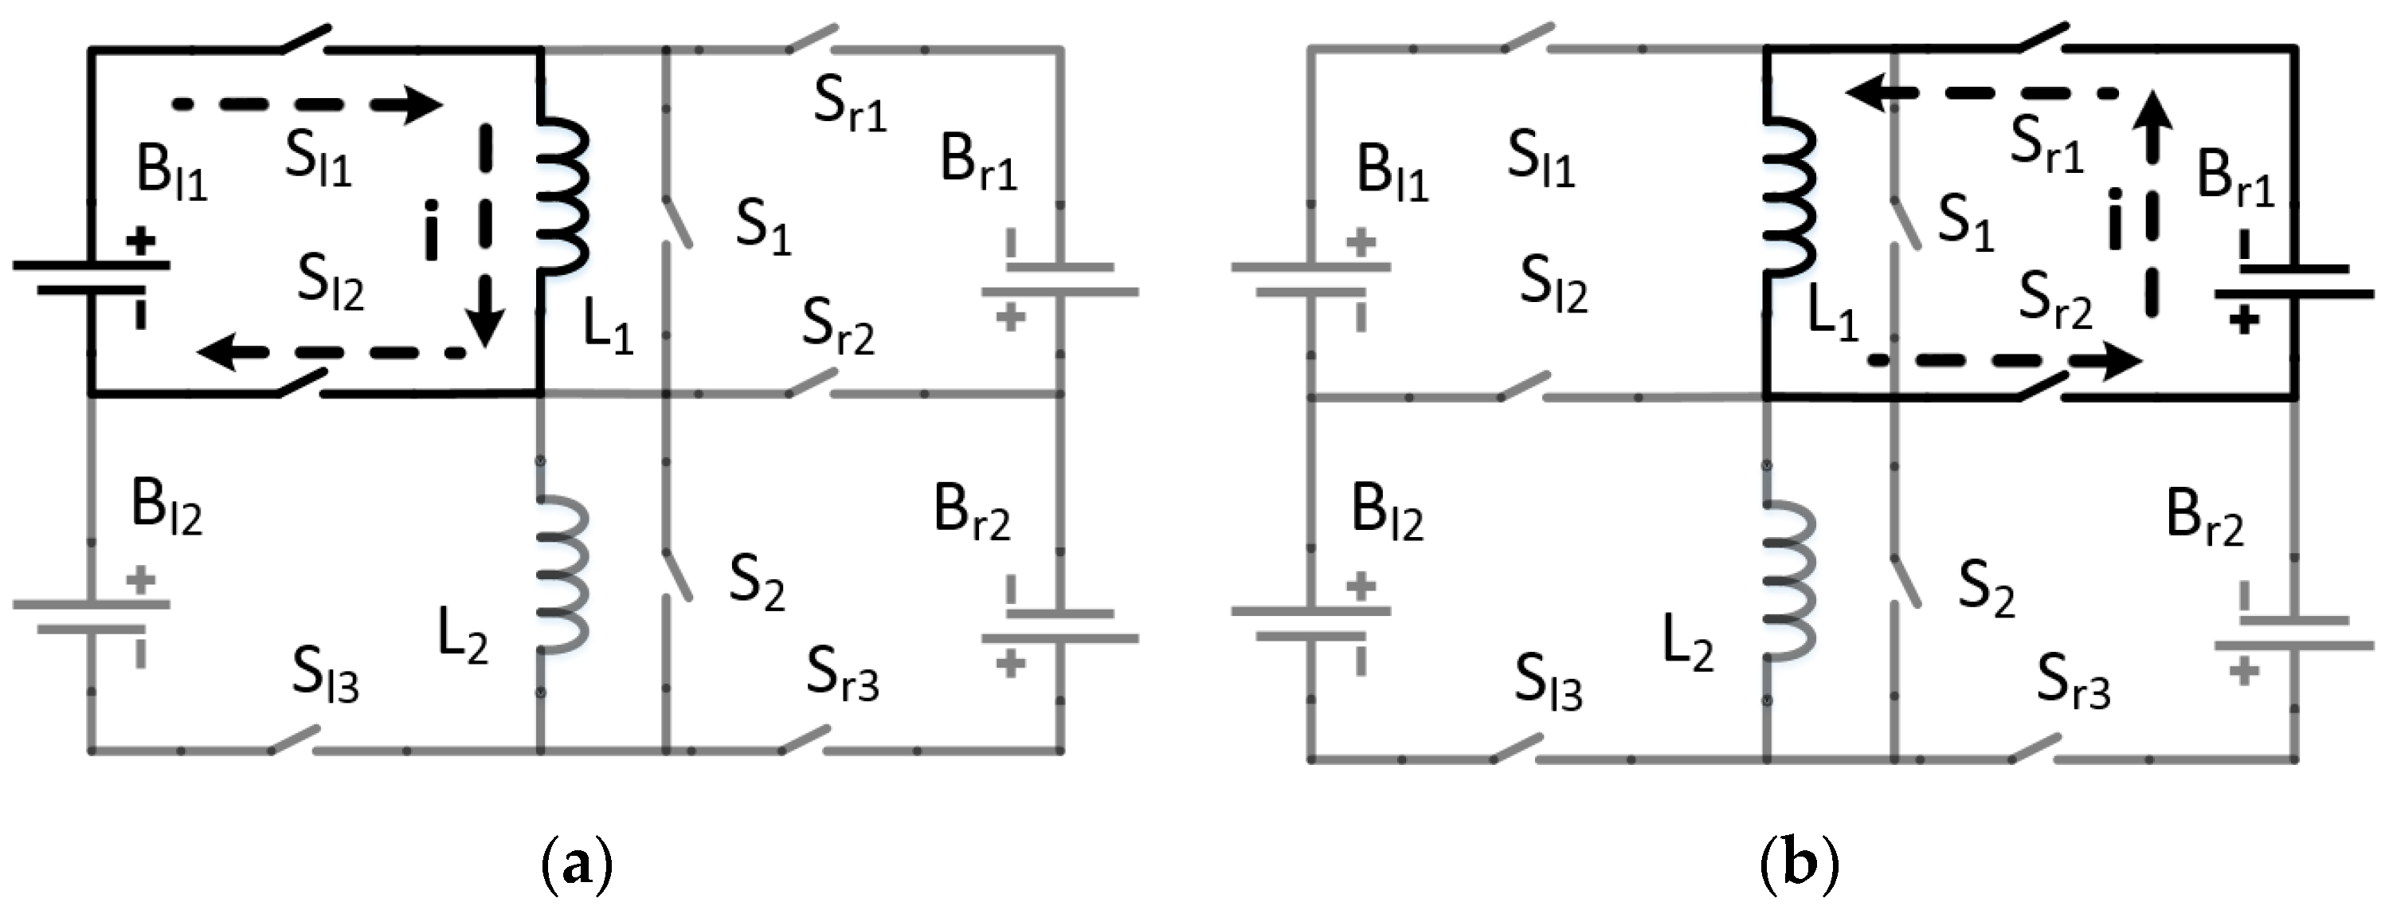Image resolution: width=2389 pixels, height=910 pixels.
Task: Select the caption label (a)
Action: [576, 864]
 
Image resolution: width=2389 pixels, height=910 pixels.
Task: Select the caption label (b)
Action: [1798, 864]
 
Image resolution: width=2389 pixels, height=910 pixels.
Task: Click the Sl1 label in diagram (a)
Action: [318, 158]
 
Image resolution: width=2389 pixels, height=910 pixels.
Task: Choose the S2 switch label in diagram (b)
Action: [1986, 588]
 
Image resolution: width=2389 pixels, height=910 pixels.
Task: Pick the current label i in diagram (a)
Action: [430, 229]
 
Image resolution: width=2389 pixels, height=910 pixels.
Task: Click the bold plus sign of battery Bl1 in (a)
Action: [141, 242]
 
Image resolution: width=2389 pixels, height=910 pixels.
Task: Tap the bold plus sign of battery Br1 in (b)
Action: [2243, 321]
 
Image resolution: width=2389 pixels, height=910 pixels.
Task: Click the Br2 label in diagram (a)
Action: [972, 512]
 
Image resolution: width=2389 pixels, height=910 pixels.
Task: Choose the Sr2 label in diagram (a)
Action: [837, 328]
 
